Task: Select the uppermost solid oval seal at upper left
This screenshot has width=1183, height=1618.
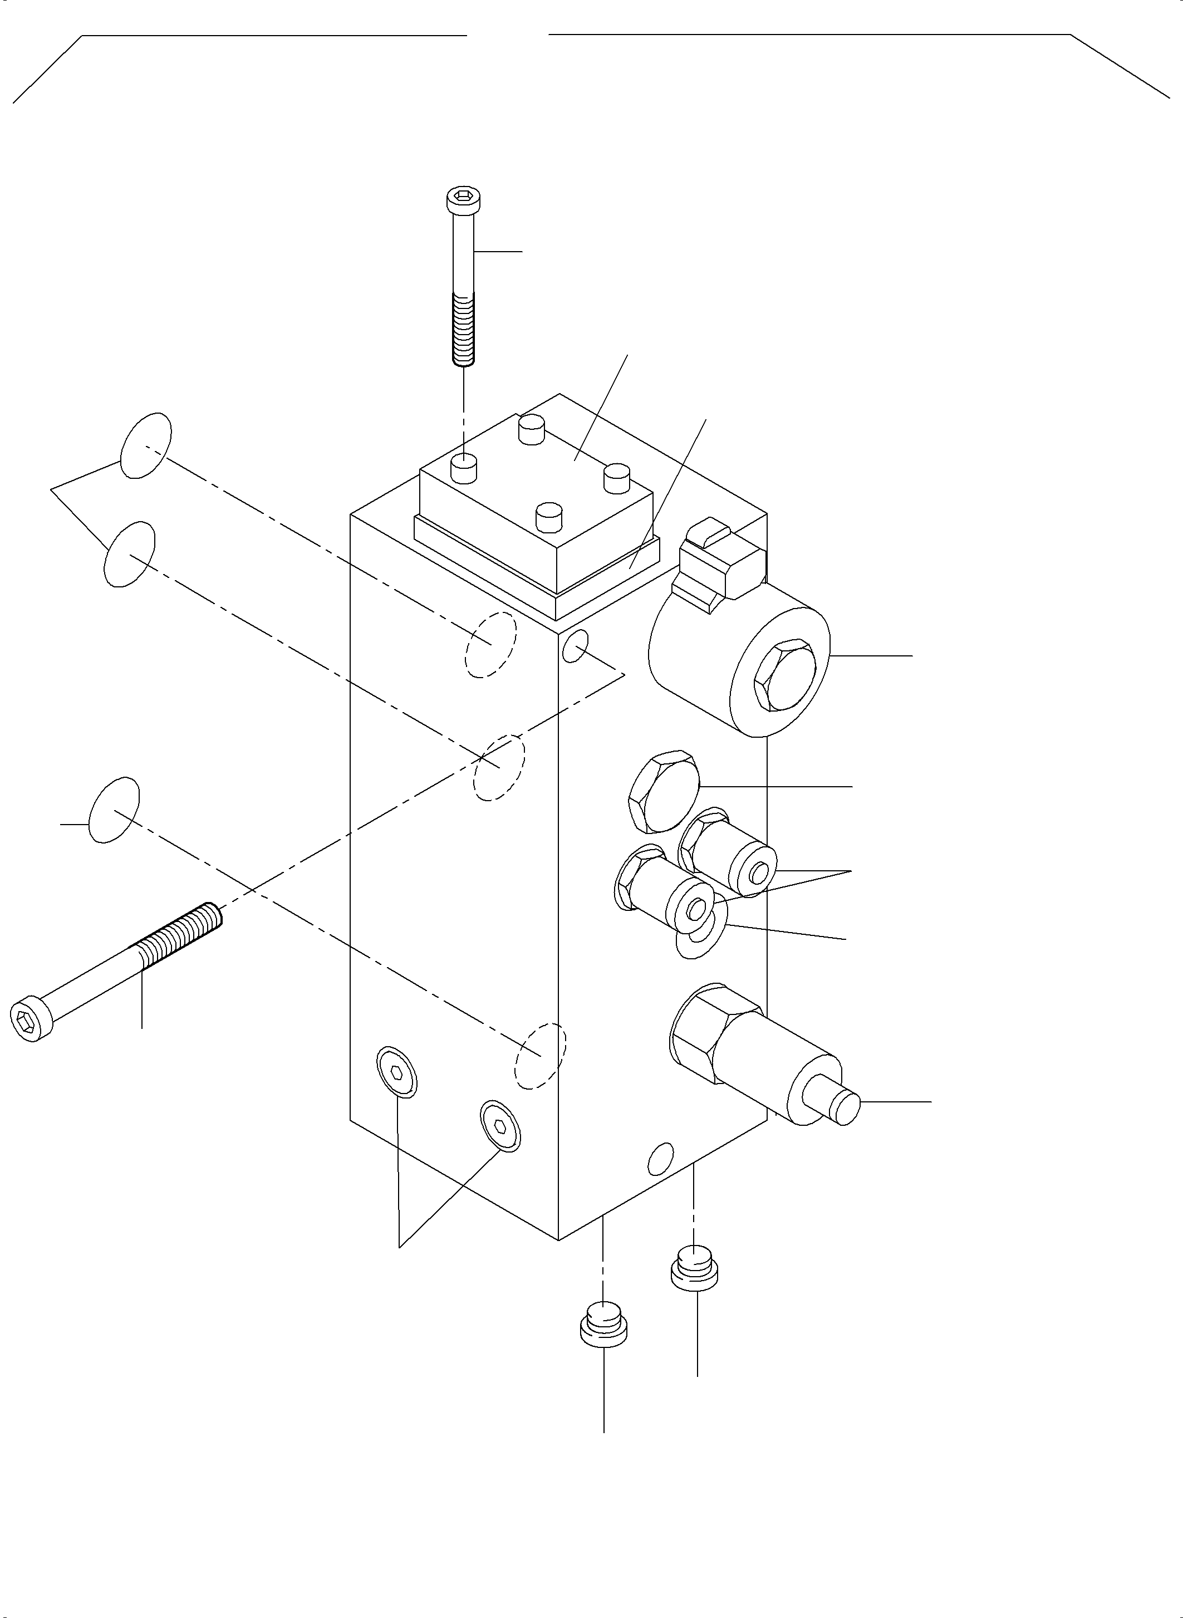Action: tap(146, 445)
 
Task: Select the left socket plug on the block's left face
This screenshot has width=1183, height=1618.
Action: tap(397, 1071)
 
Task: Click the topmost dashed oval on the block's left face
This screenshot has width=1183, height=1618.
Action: tap(491, 645)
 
